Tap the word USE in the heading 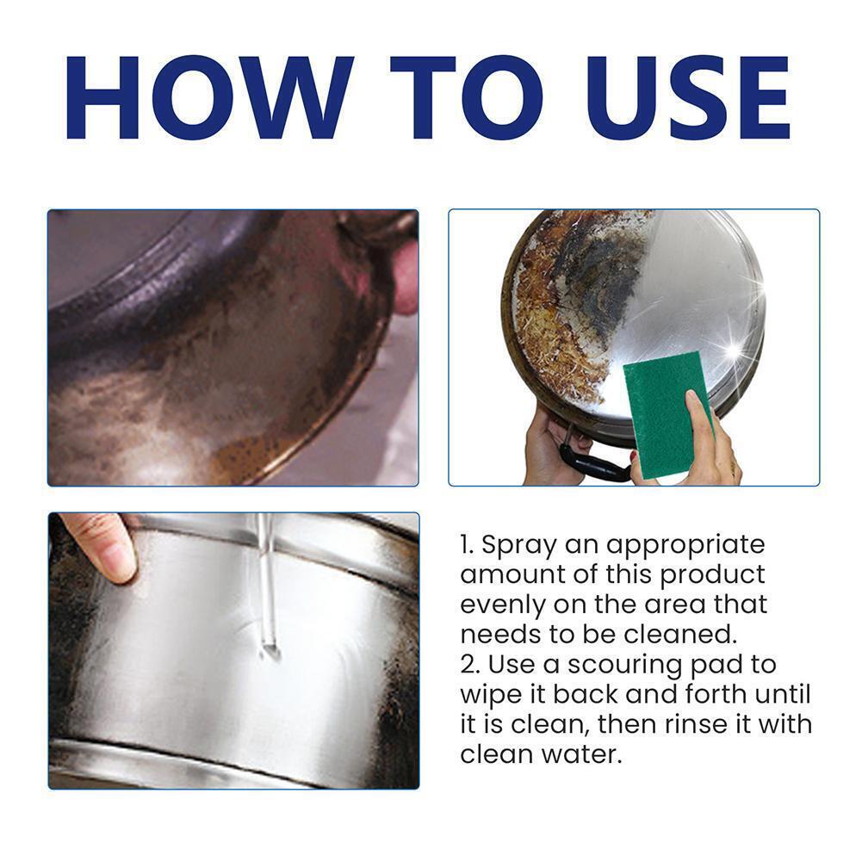[x=689, y=97]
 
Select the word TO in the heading [x=467, y=97]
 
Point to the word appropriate [x=686, y=546]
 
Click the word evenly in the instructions [x=502, y=606]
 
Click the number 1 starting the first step [x=466, y=545]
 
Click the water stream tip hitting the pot [x=270, y=652]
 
